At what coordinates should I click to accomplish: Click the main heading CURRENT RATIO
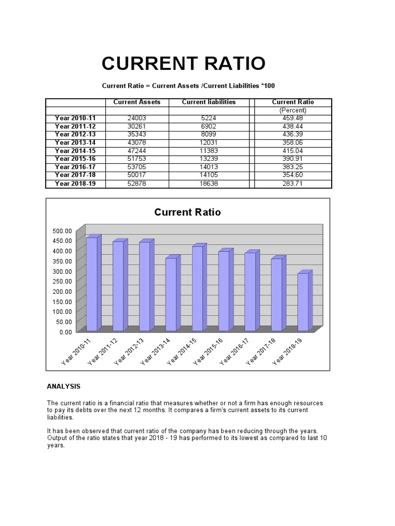184,64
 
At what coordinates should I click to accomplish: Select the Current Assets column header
137,102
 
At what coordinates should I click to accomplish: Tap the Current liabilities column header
209,102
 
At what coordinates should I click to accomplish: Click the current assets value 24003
137,118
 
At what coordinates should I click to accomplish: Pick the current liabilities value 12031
209,143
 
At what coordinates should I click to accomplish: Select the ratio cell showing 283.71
293,183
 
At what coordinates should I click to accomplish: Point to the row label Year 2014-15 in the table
75,151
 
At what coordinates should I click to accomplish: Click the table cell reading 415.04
293,151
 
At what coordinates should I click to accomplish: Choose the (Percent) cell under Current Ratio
293,110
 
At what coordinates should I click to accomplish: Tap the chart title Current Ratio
187,212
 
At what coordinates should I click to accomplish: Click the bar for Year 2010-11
92,284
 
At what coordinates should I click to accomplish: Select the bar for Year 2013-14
171,294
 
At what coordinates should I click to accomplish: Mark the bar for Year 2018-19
303,302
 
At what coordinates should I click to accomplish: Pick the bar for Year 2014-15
197,288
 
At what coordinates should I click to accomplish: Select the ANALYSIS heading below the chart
64,386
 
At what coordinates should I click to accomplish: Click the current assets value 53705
137,167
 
